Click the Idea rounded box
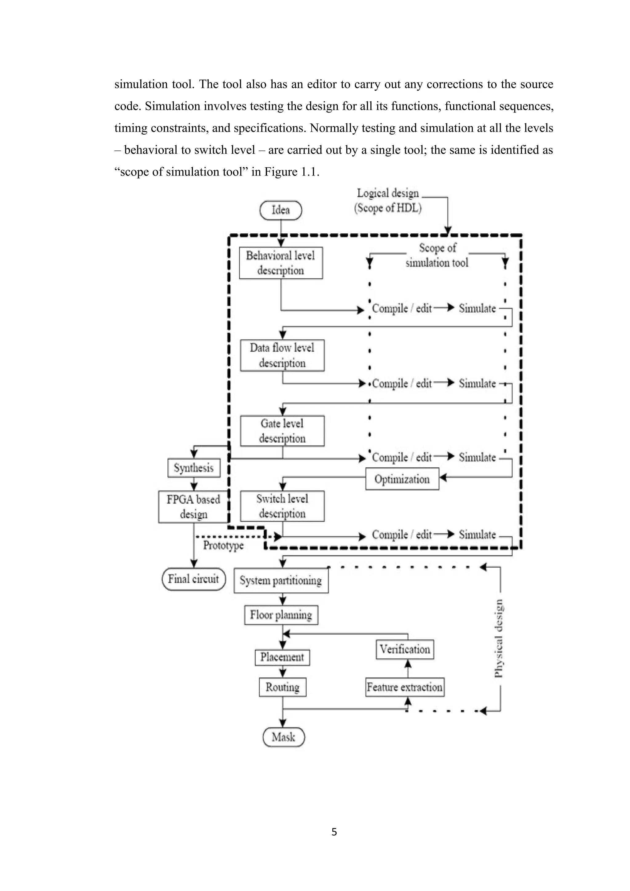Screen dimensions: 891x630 280,210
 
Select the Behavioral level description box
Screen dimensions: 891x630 281,263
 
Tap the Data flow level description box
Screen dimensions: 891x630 282,355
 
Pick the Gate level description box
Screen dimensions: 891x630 282,431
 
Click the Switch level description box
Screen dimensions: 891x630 282,506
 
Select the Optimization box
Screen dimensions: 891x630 402,479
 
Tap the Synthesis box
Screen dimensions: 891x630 194,468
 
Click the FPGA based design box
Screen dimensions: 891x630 193,507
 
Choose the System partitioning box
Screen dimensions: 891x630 281,580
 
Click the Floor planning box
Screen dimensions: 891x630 281,615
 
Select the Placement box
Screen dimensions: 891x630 282,657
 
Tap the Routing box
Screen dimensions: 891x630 282,687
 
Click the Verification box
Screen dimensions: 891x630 405,649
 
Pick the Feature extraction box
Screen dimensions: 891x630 405,687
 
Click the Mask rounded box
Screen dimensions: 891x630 283,737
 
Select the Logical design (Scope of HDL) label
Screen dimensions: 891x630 388,201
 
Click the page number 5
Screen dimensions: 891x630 334,832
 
